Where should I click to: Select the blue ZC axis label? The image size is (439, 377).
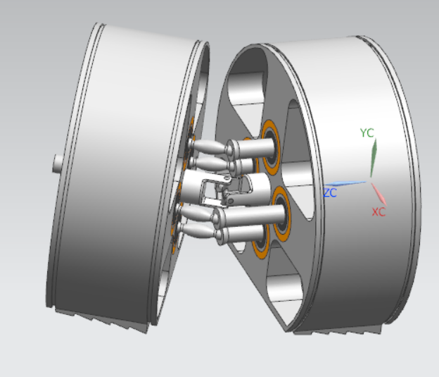331,192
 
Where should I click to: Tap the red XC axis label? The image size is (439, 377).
378,211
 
